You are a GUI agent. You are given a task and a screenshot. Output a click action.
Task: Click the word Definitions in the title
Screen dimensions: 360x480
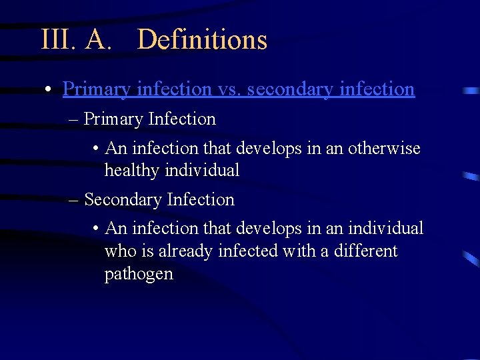coord(202,40)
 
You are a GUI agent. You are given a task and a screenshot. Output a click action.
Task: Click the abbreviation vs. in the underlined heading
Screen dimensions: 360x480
coord(229,89)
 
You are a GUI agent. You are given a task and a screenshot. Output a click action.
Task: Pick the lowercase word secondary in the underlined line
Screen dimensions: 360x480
coord(289,89)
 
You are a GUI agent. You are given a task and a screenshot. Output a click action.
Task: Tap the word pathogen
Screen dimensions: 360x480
coord(139,274)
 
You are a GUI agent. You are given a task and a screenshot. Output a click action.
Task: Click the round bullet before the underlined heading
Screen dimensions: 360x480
coord(50,89)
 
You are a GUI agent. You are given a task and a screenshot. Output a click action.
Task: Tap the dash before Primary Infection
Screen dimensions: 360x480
coord(73,120)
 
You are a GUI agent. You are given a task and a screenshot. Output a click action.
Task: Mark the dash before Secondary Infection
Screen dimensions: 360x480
coord(73,200)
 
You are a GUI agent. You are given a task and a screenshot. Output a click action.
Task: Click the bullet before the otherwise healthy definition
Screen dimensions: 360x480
coord(97,149)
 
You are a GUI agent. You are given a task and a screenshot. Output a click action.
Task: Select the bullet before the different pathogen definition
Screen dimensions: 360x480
coord(97,229)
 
